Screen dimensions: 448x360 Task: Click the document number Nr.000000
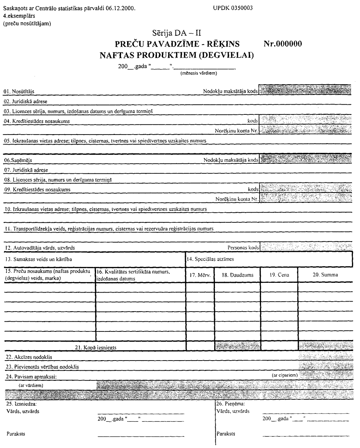pos(283,44)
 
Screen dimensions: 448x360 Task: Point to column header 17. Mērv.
pos(200,275)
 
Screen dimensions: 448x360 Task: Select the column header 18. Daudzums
pos(237,275)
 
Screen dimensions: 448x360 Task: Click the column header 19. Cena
pos(279,275)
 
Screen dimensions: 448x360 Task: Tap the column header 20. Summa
pos(325,275)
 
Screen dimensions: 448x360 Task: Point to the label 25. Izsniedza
pos(19,404)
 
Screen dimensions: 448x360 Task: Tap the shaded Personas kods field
pos(306,247)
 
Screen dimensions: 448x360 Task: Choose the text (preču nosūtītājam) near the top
pos(26,24)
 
